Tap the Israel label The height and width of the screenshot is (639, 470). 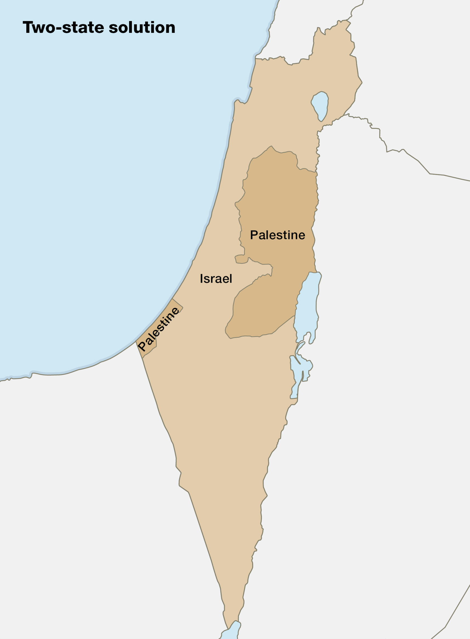pyautogui.click(x=216, y=279)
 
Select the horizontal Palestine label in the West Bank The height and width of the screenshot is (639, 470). pyautogui.click(x=277, y=235)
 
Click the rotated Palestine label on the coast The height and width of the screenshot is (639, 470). pyautogui.click(x=158, y=329)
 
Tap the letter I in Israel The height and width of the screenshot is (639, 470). pyautogui.click(x=201, y=279)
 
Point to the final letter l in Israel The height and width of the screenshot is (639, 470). pyautogui.click(x=231, y=279)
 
